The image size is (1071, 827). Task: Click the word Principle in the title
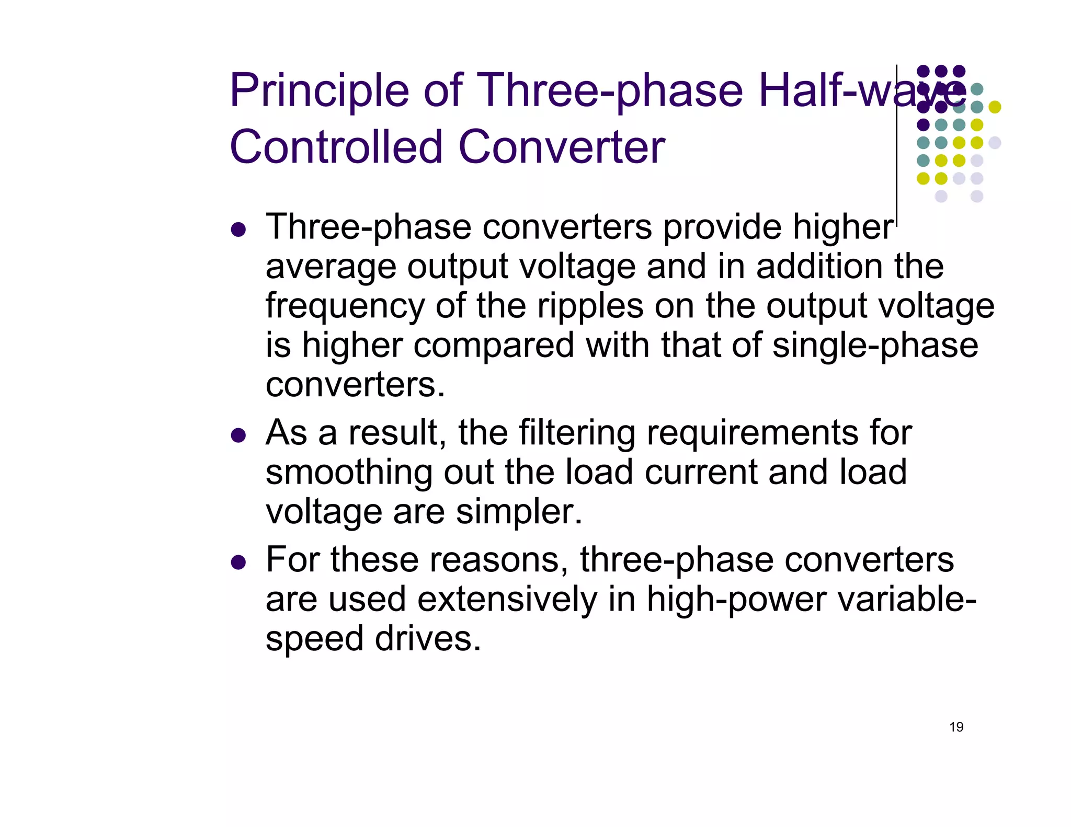(318, 91)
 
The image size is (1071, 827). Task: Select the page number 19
(956, 727)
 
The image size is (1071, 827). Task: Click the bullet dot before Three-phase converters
(238, 229)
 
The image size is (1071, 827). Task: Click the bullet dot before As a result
(238, 435)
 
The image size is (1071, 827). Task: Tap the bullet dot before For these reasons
(238, 562)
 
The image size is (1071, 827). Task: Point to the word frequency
(345, 307)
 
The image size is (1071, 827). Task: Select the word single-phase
(875, 346)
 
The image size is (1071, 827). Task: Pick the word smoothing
(348, 473)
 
